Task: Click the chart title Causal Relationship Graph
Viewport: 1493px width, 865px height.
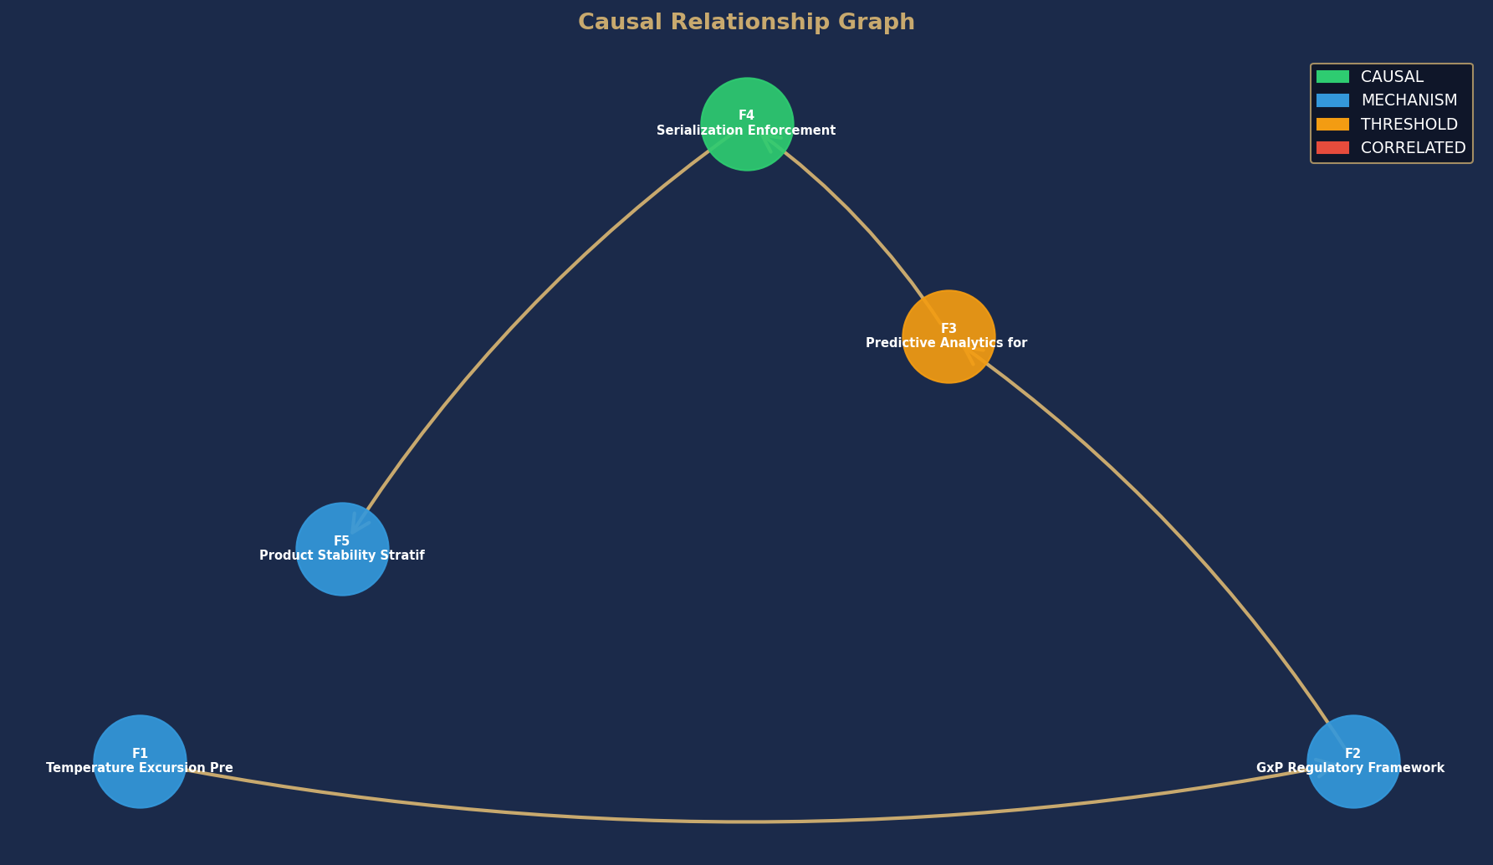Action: [x=746, y=23]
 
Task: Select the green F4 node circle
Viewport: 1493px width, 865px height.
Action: [x=747, y=124]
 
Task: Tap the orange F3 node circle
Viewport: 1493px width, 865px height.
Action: [x=948, y=336]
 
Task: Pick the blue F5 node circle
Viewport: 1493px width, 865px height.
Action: [x=342, y=549]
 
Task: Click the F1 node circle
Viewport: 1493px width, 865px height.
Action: [x=140, y=761]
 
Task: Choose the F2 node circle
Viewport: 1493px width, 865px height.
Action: [x=1353, y=761]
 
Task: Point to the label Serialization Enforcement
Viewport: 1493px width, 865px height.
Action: [x=746, y=131]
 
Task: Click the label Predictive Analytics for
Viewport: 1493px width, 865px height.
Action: [x=946, y=343]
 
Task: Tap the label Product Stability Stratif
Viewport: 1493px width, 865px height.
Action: [x=342, y=555]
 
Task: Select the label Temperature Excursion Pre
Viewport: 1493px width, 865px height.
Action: [x=140, y=768]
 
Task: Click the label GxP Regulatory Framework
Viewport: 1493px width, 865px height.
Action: [x=1350, y=768]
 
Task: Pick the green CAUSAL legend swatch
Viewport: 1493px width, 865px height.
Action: [x=1332, y=77]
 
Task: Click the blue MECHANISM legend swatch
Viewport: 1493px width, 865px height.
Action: [x=1332, y=100]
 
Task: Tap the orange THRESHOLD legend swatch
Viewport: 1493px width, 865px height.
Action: [x=1332, y=124]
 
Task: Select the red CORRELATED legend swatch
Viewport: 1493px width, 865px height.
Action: [x=1332, y=148]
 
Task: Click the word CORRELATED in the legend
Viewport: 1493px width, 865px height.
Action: [x=1414, y=148]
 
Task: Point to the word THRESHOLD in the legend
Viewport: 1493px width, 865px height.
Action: [x=1409, y=124]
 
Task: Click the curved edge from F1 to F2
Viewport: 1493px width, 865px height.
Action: [x=747, y=821]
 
